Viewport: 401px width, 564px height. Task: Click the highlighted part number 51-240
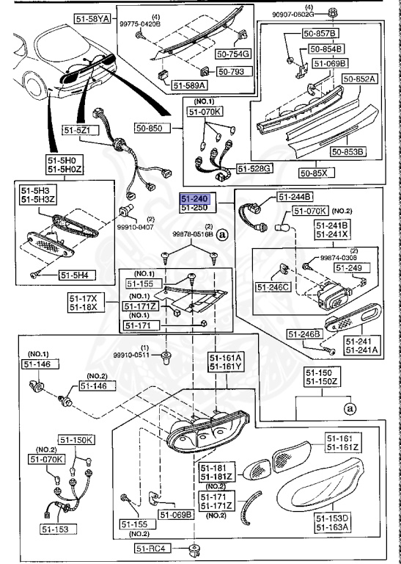pos(196,199)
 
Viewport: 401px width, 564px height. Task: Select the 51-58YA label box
pos(92,18)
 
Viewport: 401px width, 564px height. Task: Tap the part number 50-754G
pos(232,54)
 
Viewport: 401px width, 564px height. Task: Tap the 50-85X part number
pos(316,173)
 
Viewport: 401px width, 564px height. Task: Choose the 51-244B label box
pos(295,197)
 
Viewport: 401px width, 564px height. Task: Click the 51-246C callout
pos(273,285)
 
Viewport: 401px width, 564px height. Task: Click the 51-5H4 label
pos(76,275)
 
